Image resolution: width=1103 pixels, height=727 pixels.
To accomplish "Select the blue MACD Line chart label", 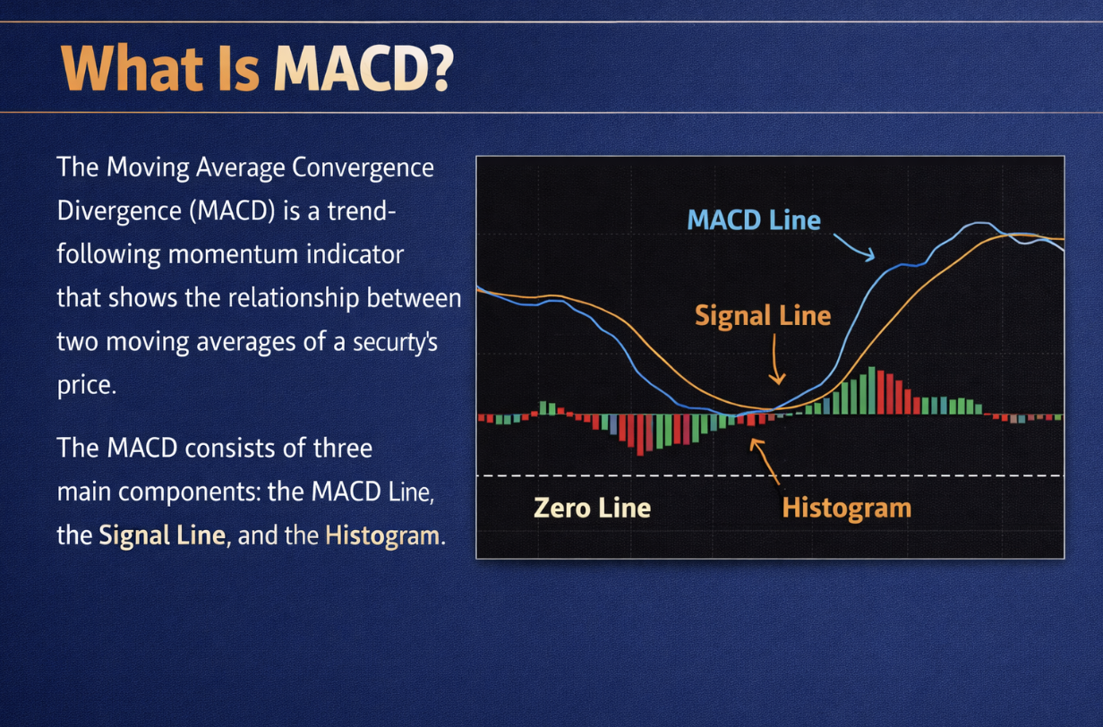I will (754, 219).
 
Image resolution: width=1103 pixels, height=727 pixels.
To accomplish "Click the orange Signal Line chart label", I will (763, 315).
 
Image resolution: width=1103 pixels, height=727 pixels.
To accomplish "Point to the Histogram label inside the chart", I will (846, 509).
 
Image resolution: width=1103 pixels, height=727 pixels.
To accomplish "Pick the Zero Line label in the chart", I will (592, 509).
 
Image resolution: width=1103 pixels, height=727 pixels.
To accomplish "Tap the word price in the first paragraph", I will (84, 385).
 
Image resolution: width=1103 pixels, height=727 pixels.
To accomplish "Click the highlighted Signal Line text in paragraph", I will (161, 535).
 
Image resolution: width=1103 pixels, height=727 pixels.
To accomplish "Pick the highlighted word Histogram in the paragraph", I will (382, 535).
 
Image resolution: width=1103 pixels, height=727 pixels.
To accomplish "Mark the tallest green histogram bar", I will (871, 392).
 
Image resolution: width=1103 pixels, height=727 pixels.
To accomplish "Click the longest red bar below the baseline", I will (640, 435).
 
